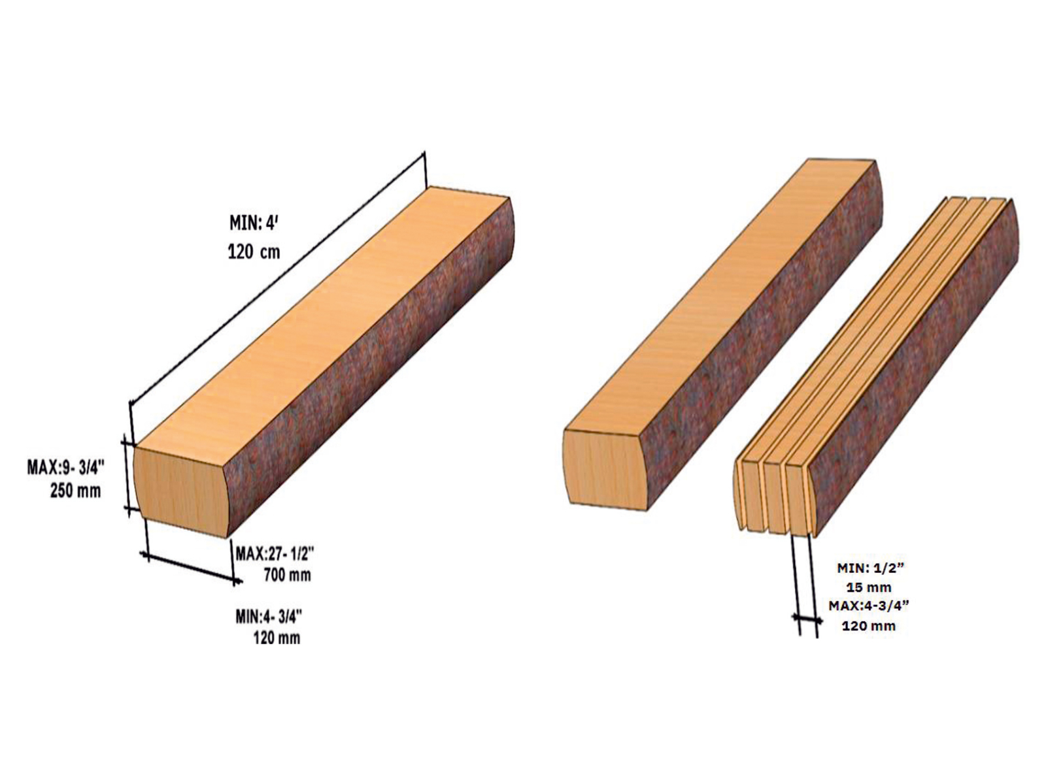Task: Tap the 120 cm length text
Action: point(254,252)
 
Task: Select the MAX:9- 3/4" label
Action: point(66,468)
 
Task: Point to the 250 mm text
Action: point(76,491)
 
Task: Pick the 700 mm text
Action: point(287,575)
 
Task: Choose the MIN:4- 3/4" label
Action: point(269,617)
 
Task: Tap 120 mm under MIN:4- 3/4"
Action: point(277,638)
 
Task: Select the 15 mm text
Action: point(869,587)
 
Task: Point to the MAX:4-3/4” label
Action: point(869,606)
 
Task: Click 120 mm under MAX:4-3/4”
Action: point(869,625)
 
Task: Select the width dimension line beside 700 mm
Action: point(192,567)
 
